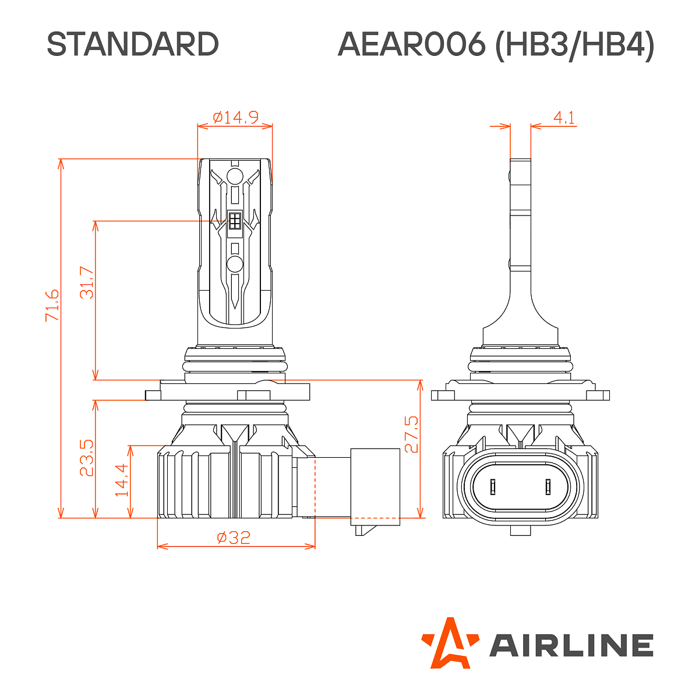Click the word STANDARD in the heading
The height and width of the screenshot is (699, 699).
(132, 44)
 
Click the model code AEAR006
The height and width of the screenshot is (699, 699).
(411, 44)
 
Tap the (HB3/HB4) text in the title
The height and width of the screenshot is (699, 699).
(574, 45)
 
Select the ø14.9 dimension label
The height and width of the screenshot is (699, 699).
(235, 118)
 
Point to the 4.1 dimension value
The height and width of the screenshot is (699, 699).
(564, 118)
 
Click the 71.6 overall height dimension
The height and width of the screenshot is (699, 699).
(52, 305)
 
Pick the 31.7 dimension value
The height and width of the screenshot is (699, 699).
(86, 283)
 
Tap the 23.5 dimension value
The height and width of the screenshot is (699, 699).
(86, 458)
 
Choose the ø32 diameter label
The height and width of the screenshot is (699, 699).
(234, 537)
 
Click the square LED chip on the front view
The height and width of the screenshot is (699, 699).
(235, 221)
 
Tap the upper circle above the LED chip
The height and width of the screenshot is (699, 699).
(235, 177)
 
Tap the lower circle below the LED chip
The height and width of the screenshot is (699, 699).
(235, 264)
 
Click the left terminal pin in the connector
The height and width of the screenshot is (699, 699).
(493, 486)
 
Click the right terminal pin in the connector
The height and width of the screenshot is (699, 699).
(548, 486)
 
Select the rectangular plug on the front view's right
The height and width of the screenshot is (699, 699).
(375, 483)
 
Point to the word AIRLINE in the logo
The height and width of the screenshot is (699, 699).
(571, 645)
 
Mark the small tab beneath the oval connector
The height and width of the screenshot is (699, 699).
(520, 530)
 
